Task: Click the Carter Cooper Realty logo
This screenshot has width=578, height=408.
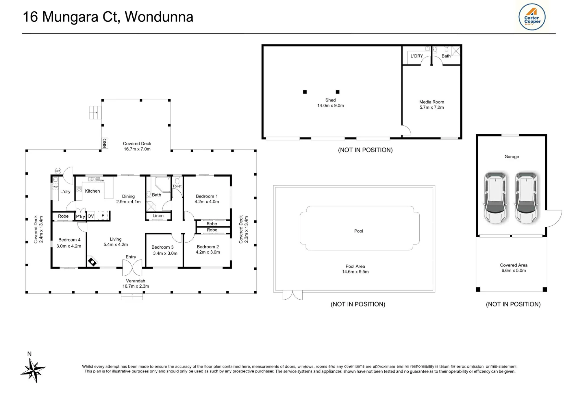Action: coord(532,17)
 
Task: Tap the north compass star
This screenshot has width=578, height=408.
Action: coord(34,370)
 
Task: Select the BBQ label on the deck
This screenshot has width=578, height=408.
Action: coord(105,143)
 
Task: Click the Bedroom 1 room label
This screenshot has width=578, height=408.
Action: coord(207,196)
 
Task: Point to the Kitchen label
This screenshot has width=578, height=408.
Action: coord(92,191)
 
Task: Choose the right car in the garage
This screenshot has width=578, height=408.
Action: coord(527,198)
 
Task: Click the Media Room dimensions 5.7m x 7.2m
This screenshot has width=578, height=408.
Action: coord(432,107)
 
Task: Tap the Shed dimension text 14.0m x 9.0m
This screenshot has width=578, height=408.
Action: coord(331,106)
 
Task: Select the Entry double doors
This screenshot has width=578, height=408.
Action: coord(132,268)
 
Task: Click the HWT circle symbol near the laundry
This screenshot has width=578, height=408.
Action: coord(58,171)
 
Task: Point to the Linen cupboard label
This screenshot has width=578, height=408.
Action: coord(158,216)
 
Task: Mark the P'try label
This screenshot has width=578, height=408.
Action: coord(80,216)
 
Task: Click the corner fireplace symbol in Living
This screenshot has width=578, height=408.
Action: coord(92,262)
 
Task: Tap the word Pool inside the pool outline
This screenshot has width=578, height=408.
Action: coord(359,231)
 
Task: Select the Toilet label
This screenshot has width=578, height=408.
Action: coord(177,186)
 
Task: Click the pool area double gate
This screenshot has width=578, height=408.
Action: coord(292,295)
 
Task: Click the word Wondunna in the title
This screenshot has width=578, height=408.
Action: coord(159,17)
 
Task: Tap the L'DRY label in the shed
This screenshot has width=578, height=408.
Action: coord(417,56)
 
